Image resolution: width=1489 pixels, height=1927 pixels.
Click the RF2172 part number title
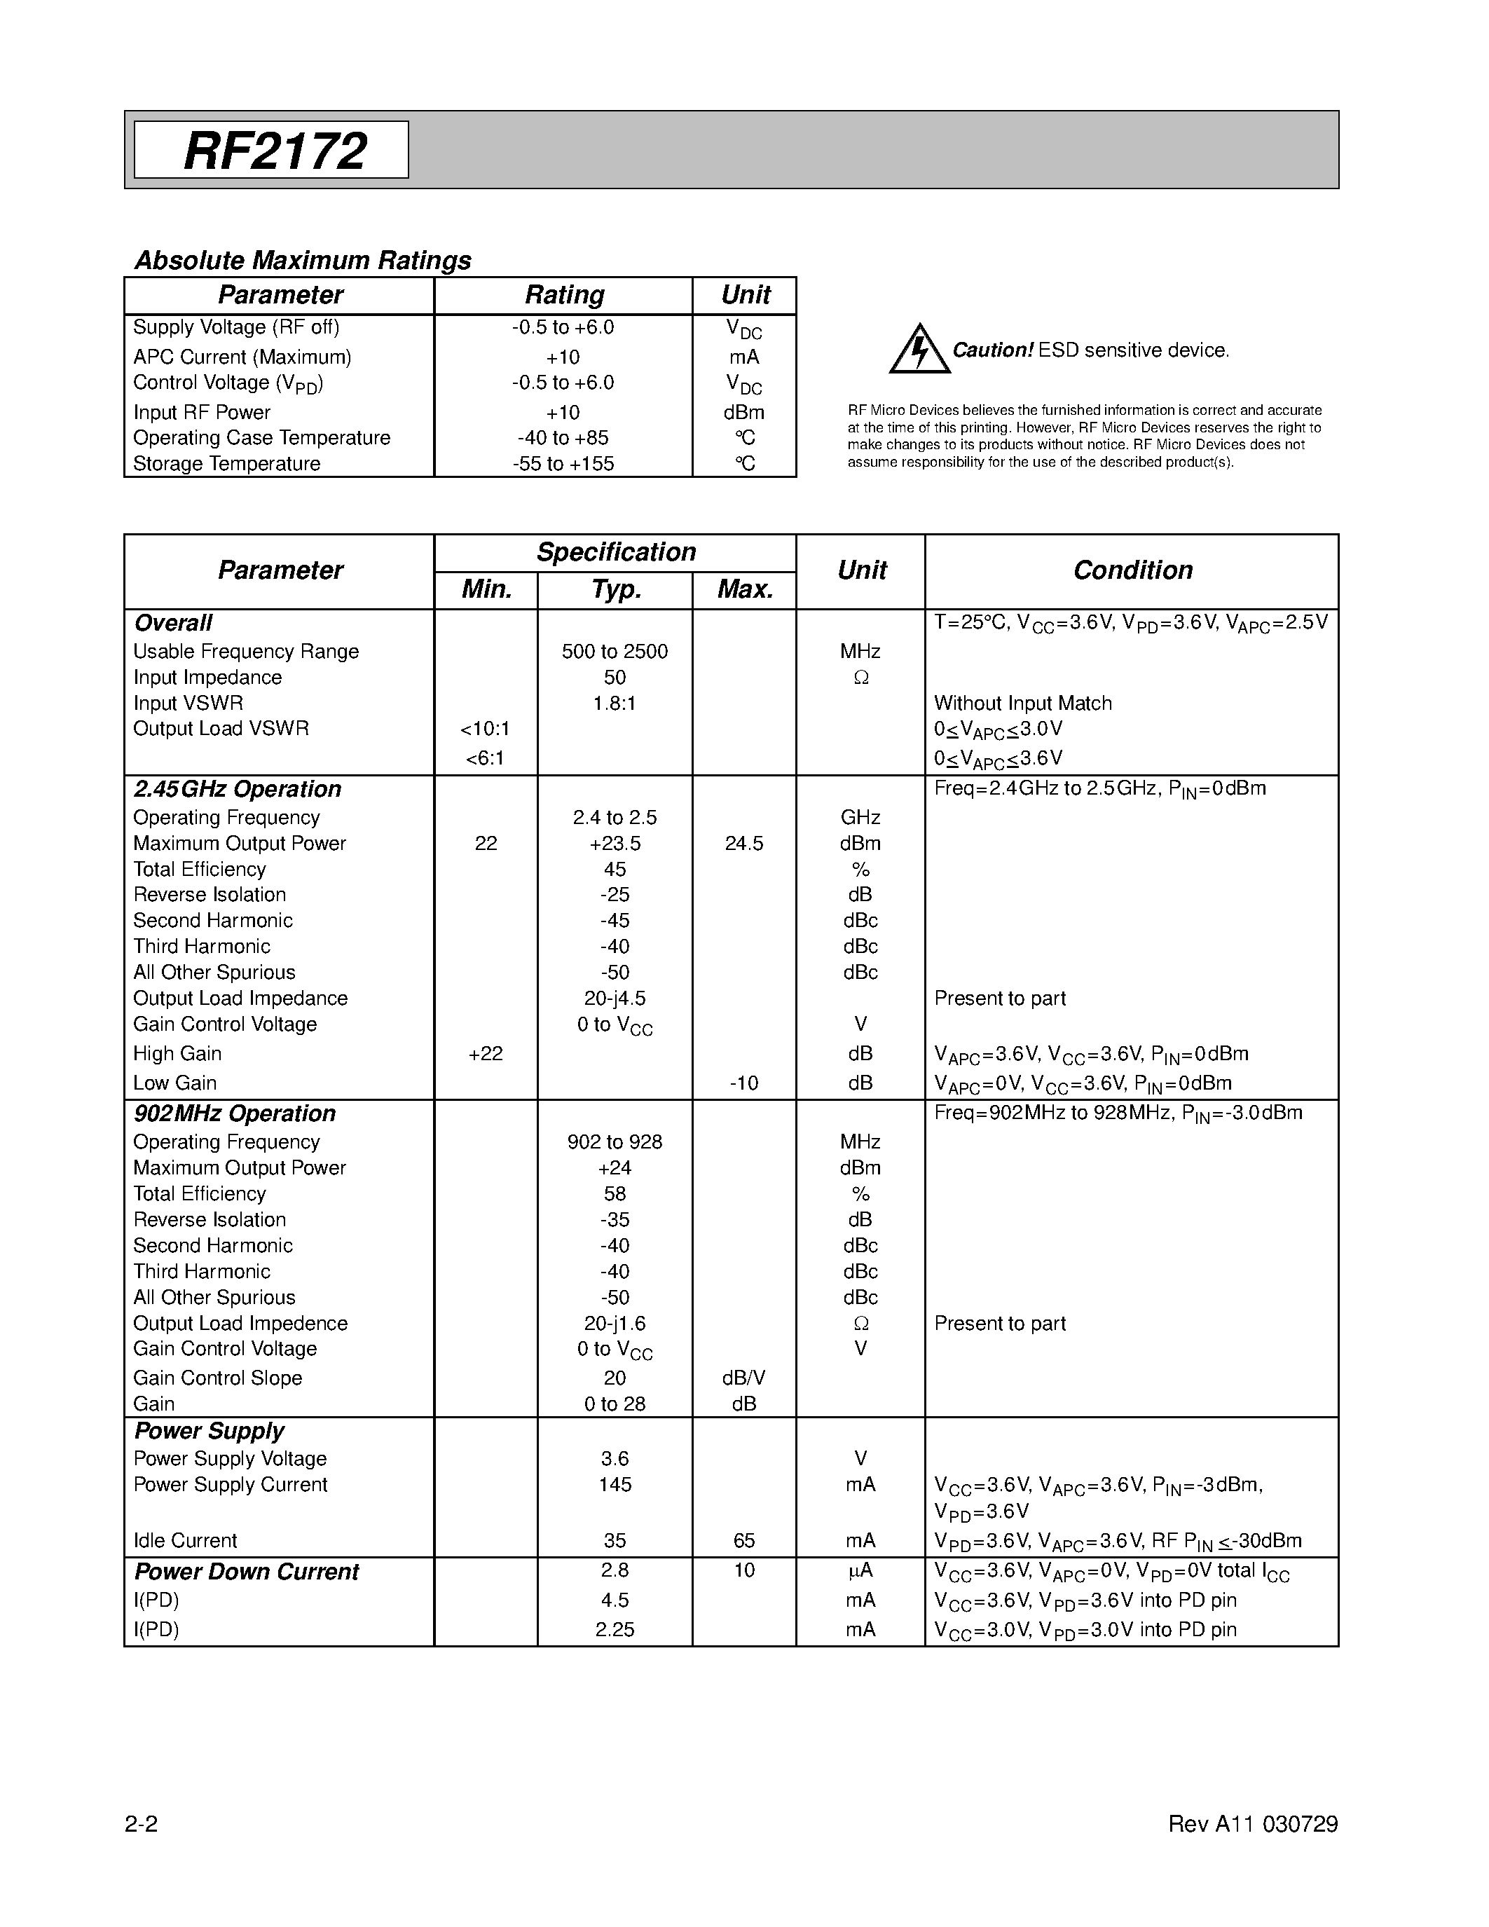coord(275,151)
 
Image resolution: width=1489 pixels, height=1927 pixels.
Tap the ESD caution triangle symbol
coord(919,350)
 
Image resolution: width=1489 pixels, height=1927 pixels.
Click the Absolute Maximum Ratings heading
coord(303,260)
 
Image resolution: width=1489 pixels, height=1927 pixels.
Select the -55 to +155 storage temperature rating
coord(563,464)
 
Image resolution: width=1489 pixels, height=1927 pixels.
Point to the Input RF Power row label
coord(201,412)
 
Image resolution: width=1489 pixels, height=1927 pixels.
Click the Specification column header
coord(616,552)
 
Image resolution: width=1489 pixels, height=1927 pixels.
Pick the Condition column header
coord(1132,571)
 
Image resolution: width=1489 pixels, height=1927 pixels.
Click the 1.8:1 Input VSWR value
coord(615,704)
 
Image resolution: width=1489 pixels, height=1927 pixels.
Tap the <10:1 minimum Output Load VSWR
coord(485,729)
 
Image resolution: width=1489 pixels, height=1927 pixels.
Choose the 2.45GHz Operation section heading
coord(238,789)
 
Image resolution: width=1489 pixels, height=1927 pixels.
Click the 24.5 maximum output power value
coord(743,844)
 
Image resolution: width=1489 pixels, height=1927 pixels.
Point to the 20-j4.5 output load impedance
coord(615,998)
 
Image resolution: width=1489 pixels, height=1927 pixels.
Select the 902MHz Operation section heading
coord(235,1113)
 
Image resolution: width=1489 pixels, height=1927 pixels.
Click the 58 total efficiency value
coord(615,1194)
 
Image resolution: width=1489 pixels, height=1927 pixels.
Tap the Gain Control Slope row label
coord(217,1378)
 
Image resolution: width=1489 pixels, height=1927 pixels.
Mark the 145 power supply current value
coord(615,1485)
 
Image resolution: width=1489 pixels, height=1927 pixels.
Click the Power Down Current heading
coord(246,1572)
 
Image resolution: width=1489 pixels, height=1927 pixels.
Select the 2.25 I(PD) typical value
coord(615,1630)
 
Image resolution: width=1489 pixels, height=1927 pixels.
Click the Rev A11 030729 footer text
coord(1253,1825)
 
